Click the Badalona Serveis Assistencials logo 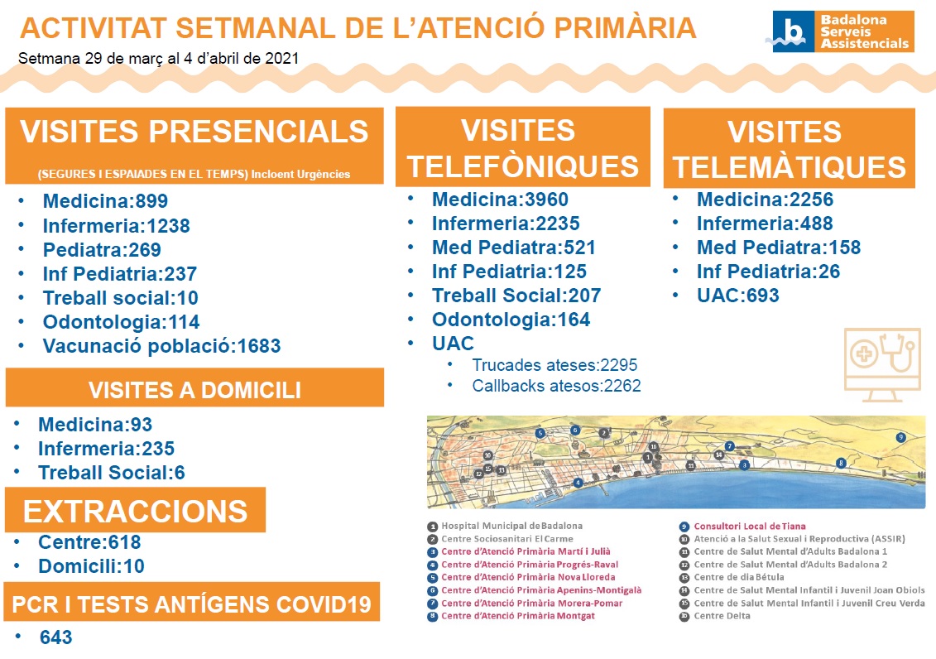[x=842, y=31]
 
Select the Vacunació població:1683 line [x=161, y=346]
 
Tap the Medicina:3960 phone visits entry [x=500, y=200]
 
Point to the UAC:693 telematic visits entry [x=738, y=296]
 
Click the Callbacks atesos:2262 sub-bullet [x=556, y=386]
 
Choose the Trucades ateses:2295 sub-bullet [x=554, y=365]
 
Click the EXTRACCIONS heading [x=135, y=511]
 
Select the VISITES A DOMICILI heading [x=194, y=390]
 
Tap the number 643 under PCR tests [x=56, y=637]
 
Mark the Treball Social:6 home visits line [x=112, y=473]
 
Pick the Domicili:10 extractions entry [x=91, y=566]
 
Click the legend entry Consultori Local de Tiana [x=749, y=527]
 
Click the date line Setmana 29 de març [x=158, y=59]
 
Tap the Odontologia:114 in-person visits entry [x=121, y=322]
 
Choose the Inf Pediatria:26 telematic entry [x=768, y=272]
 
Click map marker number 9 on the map [x=900, y=438]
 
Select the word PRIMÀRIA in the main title [x=624, y=28]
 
